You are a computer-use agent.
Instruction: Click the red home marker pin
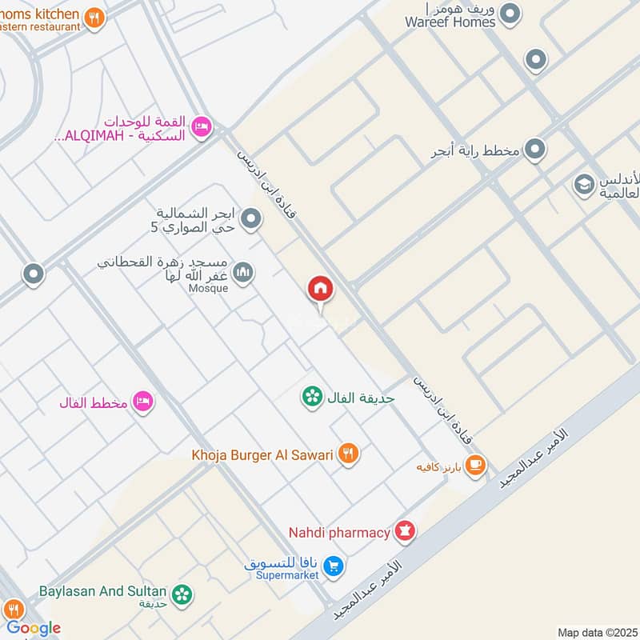(x=321, y=290)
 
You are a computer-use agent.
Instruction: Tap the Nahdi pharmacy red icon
(x=406, y=531)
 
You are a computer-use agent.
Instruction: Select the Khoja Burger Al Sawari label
(x=262, y=454)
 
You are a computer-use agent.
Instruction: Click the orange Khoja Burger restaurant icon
(x=348, y=454)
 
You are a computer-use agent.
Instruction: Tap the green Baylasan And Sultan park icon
(x=183, y=593)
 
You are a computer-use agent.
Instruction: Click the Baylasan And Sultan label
(x=102, y=592)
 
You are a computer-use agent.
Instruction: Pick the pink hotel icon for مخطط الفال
(x=143, y=402)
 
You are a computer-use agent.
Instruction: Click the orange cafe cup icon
(x=475, y=465)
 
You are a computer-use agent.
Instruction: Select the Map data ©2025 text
(x=596, y=632)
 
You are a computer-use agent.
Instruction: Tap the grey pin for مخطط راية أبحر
(x=535, y=149)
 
